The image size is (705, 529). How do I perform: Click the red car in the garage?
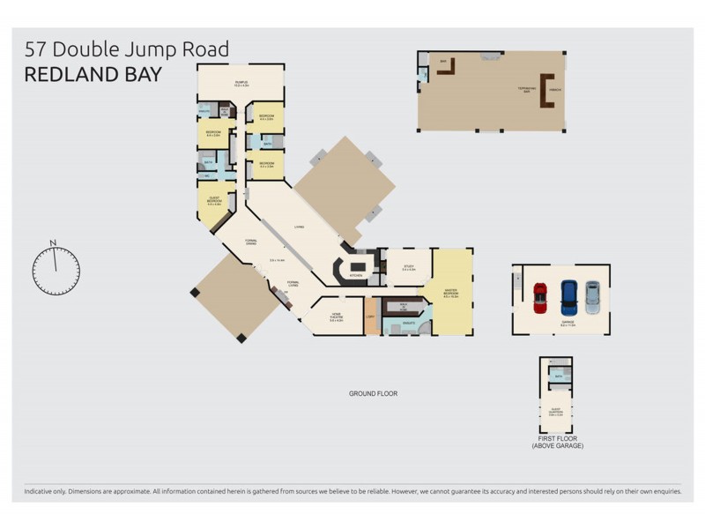pos(540,297)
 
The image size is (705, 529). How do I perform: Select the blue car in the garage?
pos(569,296)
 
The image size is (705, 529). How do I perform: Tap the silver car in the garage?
pos(592,296)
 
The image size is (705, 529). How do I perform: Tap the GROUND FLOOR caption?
pos(373,393)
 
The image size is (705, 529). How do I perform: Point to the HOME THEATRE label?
pos(336,317)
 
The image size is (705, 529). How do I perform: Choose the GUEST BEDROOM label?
pos(213,199)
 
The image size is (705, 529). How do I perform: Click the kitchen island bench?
pos(358,266)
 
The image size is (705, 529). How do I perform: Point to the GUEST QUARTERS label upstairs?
pos(556,410)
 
